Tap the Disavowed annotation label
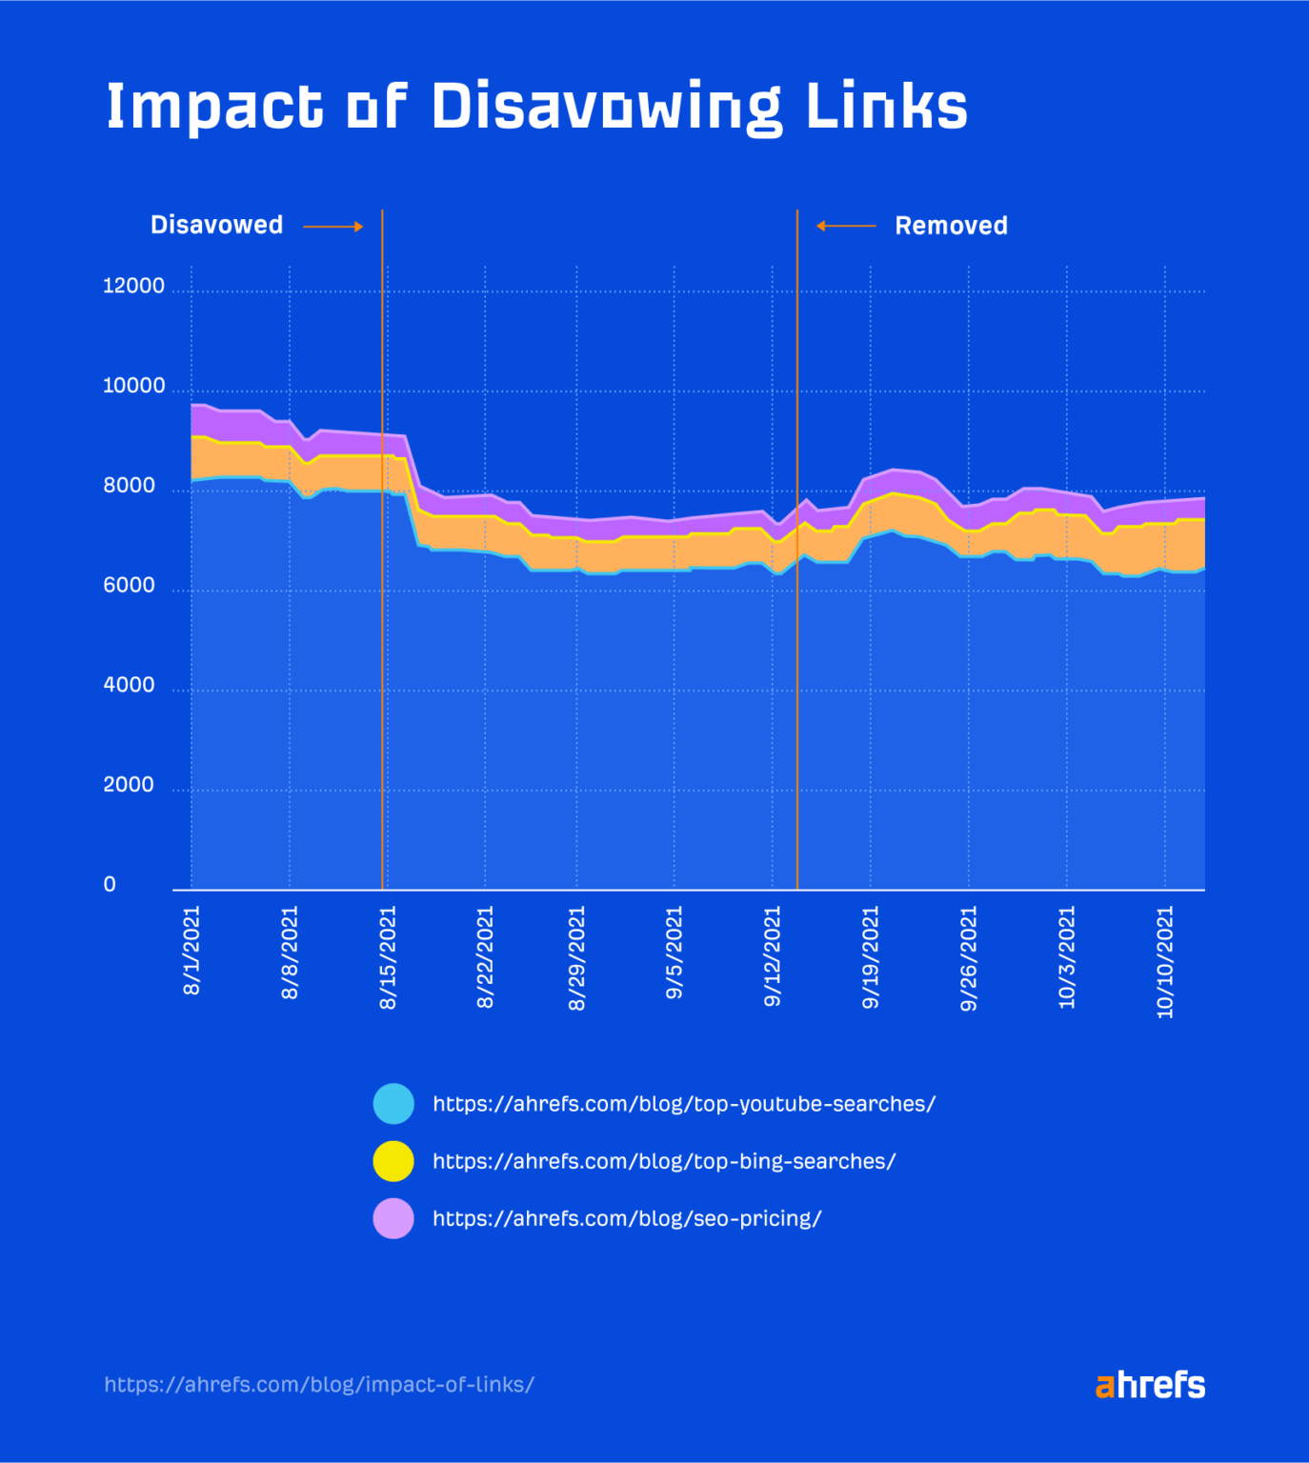click(x=216, y=225)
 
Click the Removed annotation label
click(x=951, y=226)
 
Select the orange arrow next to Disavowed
click(x=333, y=227)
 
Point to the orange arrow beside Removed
click(x=846, y=226)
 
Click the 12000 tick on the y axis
click(x=133, y=286)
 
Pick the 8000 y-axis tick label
click(x=129, y=486)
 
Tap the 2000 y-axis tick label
click(x=129, y=785)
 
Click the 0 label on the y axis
click(x=110, y=885)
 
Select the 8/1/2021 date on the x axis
click(x=191, y=951)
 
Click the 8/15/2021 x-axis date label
click(x=388, y=957)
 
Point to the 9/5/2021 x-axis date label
click(x=675, y=952)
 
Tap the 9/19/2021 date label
click(x=871, y=957)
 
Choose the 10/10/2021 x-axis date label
click(x=1165, y=962)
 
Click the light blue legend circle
click(x=393, y=1104)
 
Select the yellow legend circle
click(x=393, y=1161)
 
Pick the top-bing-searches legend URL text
click(x=664, y=1161)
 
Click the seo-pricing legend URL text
click(x=627, y=1218)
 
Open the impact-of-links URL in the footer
click(x=319, y=1384)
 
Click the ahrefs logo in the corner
click(x=1150, y=1385)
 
